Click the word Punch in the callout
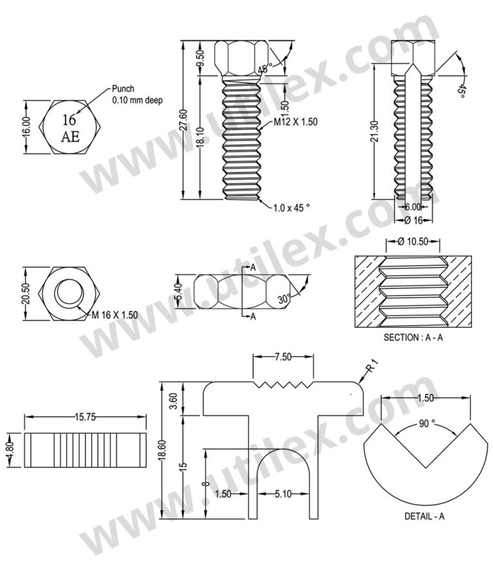123,89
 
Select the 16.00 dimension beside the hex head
26,127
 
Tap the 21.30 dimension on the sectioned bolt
374,132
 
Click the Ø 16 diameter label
416,220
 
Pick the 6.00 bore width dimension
412,207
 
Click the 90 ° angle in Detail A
424,424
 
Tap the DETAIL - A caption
424,516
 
